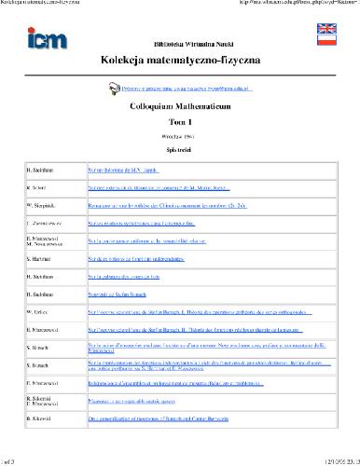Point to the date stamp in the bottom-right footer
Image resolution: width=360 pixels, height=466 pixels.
coord(331,460)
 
